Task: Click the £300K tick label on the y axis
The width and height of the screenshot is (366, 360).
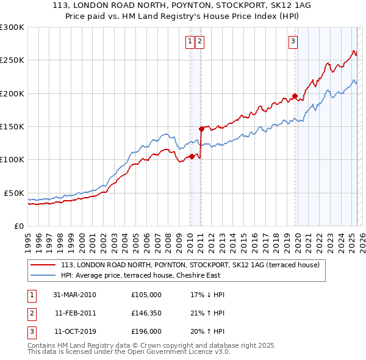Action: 12,27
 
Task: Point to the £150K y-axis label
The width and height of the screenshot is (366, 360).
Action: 12,126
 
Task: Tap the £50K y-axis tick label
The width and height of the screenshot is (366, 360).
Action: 15,193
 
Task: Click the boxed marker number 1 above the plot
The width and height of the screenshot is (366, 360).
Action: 190,41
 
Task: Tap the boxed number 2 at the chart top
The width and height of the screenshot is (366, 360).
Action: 199,41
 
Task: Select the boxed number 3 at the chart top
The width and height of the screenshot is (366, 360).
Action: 293,41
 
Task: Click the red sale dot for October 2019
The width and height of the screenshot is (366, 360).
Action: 295,96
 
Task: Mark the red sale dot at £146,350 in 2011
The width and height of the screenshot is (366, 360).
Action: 201,129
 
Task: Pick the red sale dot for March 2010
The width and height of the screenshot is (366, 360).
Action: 192,156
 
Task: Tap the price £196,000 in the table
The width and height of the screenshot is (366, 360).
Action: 146,331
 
